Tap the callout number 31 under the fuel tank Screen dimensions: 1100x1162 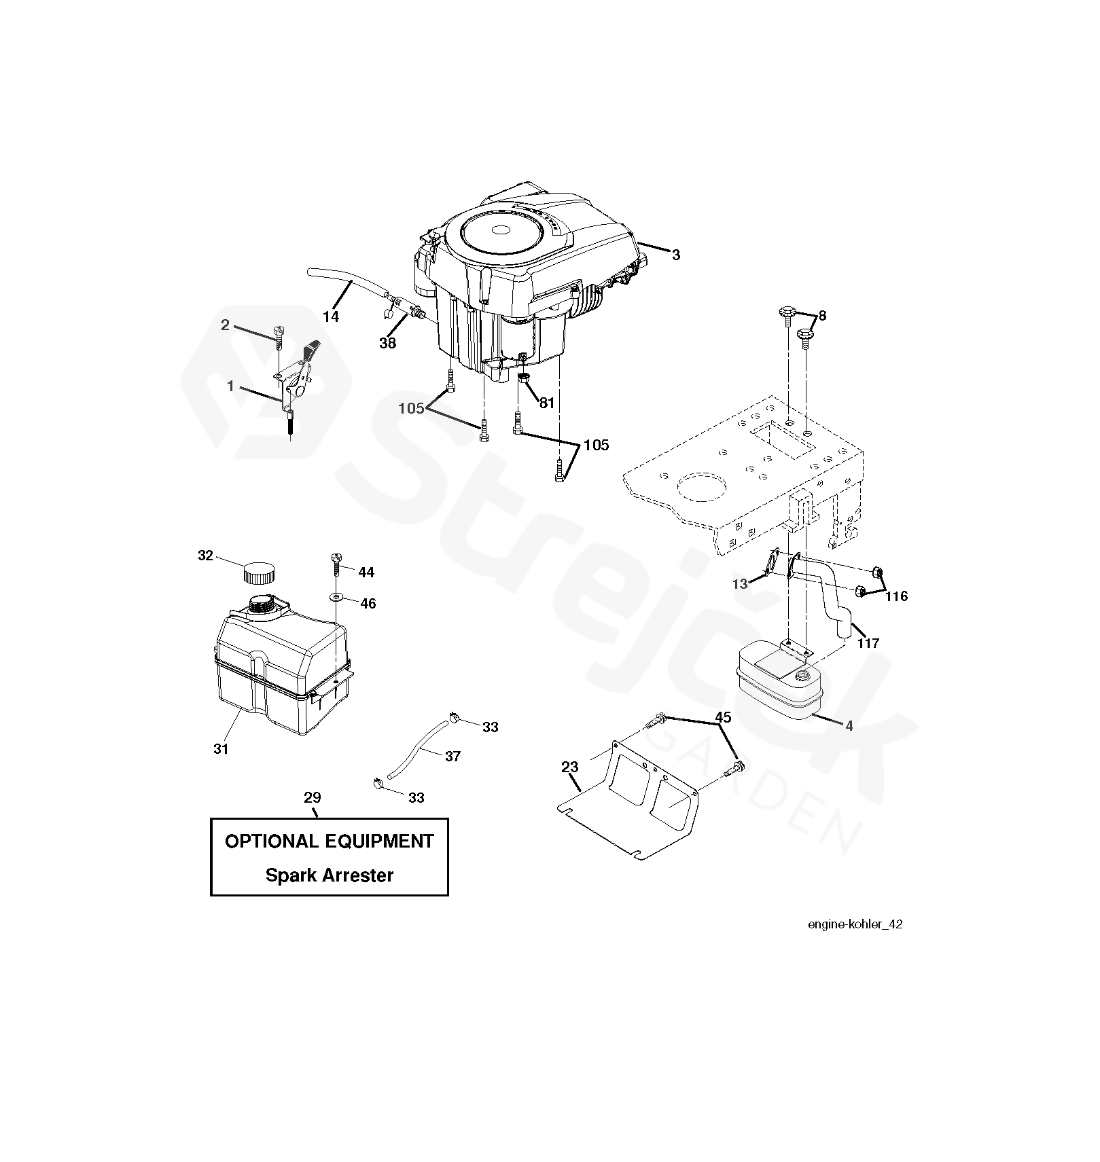pyautogui.click(x=221, y=749)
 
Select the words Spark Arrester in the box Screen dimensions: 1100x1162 pyautogui.click(x=329, y=875)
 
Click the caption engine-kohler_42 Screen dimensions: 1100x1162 pyautogui.click(x=855, y=924)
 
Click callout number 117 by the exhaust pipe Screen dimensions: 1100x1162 pyautogui.click(x=868, y=643)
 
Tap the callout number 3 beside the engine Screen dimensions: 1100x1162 pyautogui.click(x=675, y=255)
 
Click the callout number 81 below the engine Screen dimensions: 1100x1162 pyautogui.click(x=546, y=403)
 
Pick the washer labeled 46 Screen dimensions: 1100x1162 pyautogui.click(x=337, y=598)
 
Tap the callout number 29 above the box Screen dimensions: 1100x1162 pyautogui.click(x=313, y=797)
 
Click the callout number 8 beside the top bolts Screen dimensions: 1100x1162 pyautogui.click(x=822, y=316)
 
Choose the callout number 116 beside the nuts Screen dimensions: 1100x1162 pyautogui.click(x=896, y=596)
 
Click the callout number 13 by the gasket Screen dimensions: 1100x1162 pyautogui.click(x=740, y=583)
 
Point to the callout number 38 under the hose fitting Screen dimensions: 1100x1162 pyautogui.click(x=387, y=343)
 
